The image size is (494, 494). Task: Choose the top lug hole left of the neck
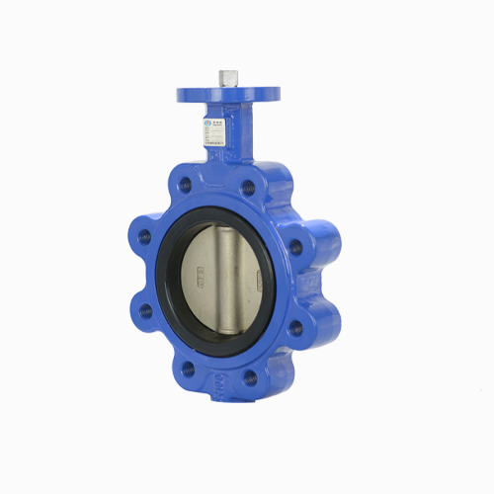coord(185,185)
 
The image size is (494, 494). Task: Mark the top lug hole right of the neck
coord(248,188)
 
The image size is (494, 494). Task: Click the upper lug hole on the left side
coord(144,237)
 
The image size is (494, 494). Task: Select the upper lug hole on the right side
coord(295,248)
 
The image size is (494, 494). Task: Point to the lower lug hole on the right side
coord(294,328)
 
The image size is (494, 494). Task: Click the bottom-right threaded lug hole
coord(250,376)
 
